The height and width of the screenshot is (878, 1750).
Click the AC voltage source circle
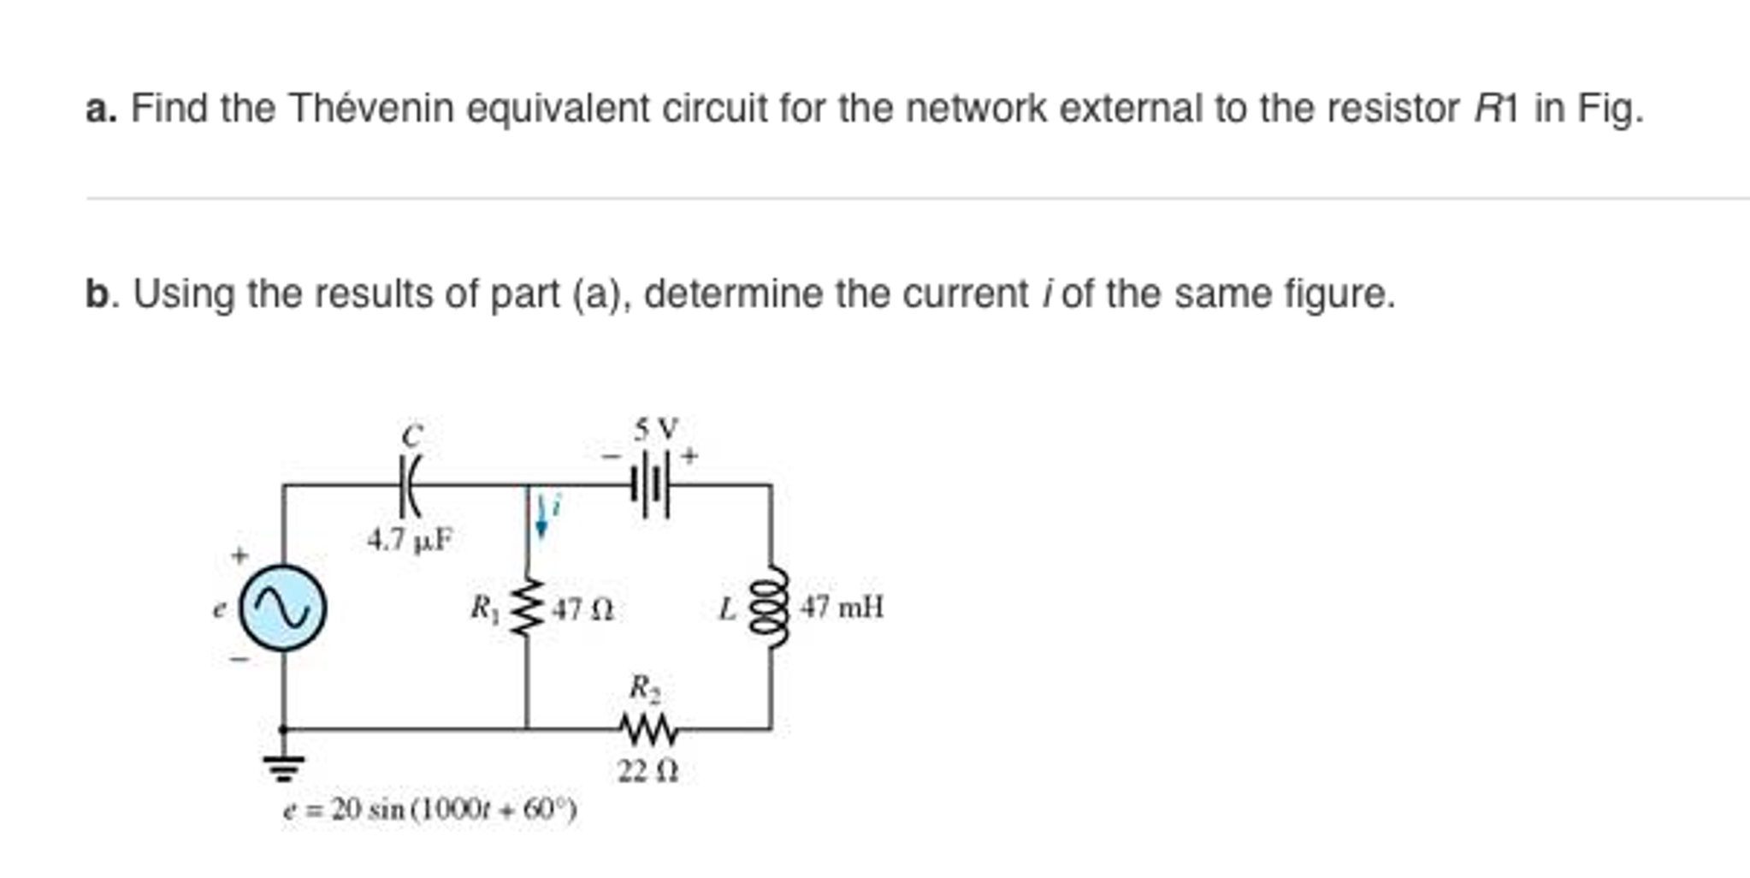282,608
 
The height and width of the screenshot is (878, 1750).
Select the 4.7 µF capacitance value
410,540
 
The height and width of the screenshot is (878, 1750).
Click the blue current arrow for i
541,514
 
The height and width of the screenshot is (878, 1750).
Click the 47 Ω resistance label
582,609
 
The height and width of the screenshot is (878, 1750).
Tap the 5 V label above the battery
656,427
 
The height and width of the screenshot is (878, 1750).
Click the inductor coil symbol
768,608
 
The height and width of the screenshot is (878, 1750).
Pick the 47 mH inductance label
842,608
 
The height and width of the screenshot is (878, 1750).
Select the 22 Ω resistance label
648,772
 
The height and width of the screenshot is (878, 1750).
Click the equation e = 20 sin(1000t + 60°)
429,810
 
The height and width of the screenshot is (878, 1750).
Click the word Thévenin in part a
371,109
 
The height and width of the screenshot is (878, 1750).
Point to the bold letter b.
97,294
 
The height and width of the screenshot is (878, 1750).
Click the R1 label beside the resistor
483,608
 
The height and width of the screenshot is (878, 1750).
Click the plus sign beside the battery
689,456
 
